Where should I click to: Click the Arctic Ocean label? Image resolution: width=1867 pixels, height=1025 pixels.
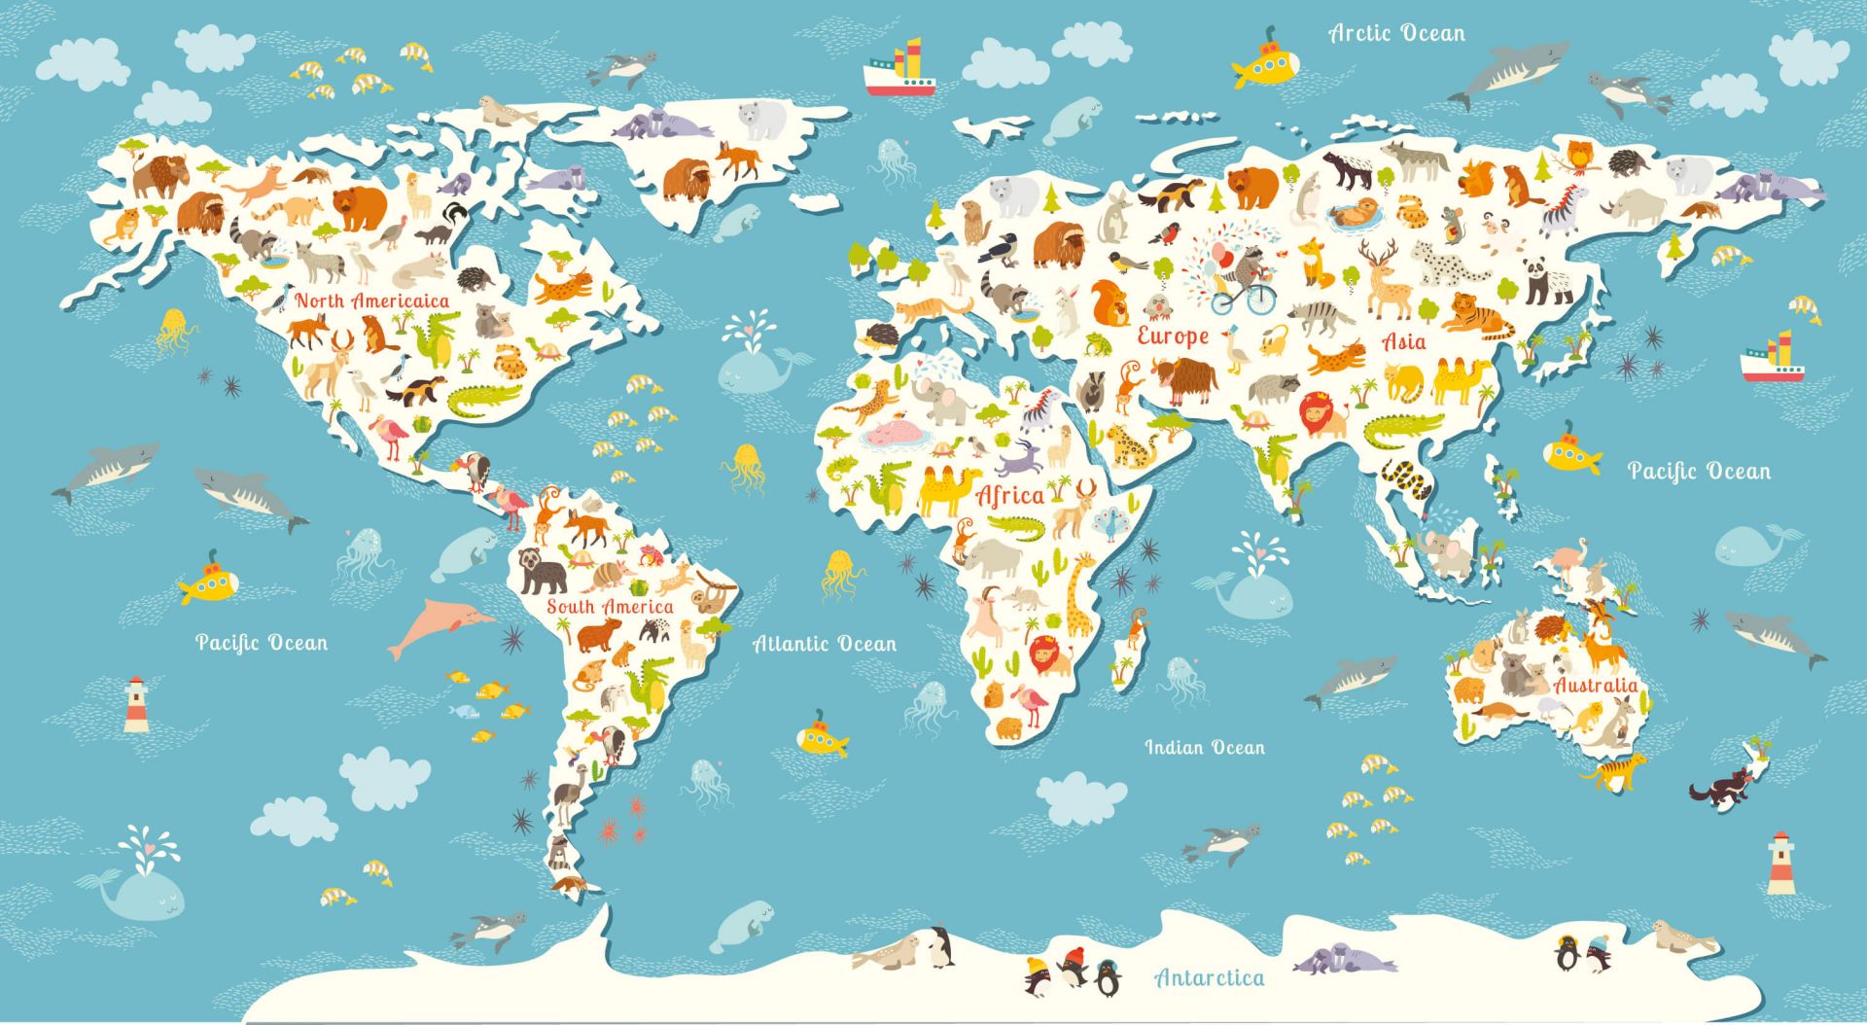pyautogui.click(x=1396, y=33)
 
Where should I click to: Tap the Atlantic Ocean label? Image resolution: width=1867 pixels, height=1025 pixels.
pyautogui.click(x=825, y=643)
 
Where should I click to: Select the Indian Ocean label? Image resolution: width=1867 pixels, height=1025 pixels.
pyautogui.click(x=1205, y=747)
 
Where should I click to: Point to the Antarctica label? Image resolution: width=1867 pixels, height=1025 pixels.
pyautogui.click(x=1210, y=977)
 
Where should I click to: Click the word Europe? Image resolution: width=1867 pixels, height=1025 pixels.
pyautogui.click(x=1173, y=336)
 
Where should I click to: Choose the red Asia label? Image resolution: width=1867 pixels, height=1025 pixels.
pyautogui.click(x=1404, y=341)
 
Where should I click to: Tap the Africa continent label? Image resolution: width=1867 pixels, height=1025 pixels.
pyautogui.click(x=1009, y=496)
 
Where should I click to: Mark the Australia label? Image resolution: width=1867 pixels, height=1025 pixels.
pyautogui.click(x=1595, y=685)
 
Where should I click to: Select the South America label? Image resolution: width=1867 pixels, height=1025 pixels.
pyautogui.click(x=610, y=607)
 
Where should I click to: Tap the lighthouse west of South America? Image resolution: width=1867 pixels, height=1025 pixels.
pyautogui.click(x=136, y=704)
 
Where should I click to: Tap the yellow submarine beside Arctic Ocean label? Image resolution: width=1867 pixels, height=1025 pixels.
pyautogui.click(x=1266, y=64)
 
